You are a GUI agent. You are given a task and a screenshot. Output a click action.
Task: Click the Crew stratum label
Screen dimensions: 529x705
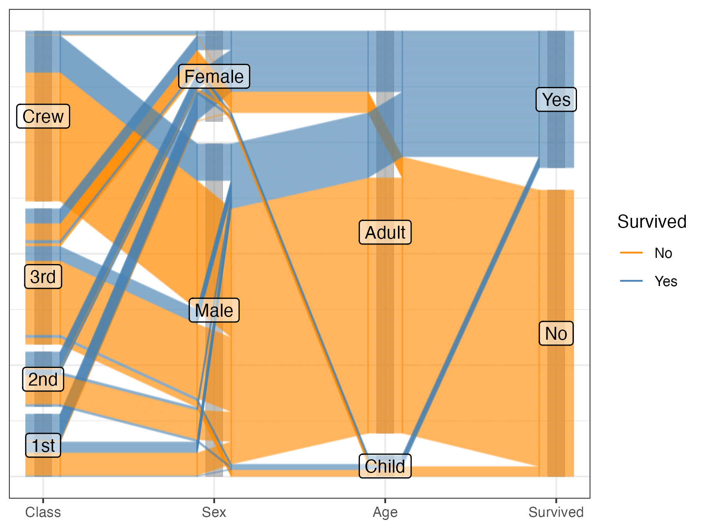click(43, 116)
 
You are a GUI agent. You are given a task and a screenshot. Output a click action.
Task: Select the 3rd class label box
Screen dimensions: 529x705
click(43, 277)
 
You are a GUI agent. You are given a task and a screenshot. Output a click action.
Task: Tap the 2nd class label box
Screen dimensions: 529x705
click(43, 379)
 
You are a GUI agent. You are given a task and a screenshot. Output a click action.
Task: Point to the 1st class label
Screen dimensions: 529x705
click(43, 446)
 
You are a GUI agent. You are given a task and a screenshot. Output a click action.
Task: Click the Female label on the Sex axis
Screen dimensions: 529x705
click(214, 76)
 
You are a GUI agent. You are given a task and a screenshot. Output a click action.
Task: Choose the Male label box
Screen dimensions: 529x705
click(214, 310)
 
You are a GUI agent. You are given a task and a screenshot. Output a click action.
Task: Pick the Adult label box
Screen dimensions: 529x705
click(385, 232)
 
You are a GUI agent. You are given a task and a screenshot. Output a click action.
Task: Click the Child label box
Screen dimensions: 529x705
click(385, 466)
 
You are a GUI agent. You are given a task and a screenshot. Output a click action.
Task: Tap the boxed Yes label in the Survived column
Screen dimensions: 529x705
click(556, 100)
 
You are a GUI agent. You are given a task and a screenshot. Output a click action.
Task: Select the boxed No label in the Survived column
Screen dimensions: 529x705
click(556, 333)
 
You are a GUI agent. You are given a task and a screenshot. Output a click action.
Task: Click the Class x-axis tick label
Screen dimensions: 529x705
click(43, 512)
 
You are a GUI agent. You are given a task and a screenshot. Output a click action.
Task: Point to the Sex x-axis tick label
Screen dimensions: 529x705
click(214, 512)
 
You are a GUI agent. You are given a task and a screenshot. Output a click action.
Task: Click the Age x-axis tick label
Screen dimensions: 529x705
click(385, 512)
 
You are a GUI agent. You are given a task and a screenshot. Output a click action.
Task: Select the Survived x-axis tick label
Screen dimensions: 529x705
click(556, 512)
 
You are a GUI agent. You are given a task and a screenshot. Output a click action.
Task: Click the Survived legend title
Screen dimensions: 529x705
click(652, 222)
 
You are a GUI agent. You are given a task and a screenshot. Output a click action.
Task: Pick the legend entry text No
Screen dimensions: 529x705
click(663, 253)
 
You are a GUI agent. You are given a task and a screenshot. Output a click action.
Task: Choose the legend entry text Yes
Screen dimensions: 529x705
click(666, 281)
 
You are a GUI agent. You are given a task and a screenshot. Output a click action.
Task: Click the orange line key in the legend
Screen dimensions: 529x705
click(631, 253)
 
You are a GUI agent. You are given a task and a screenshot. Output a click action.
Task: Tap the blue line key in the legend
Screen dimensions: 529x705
click(631, 281)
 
